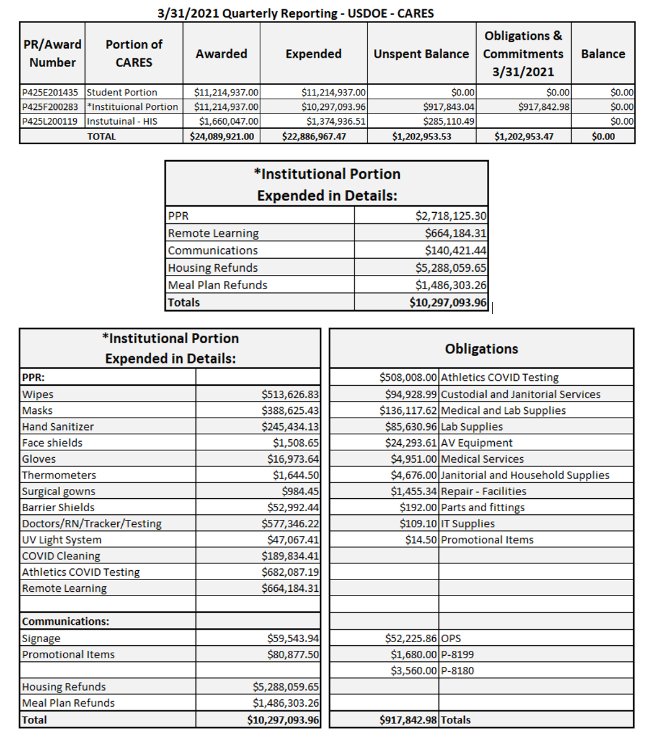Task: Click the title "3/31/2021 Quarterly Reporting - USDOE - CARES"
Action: click(295, 13)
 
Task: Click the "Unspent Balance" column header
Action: click(421, 54)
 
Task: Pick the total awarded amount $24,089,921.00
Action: click(222, 136)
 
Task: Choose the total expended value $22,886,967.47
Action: click(314, 136)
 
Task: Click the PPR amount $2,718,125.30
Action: click(451, 216)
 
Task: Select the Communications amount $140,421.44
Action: click(455, 251)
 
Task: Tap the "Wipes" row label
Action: click(38, 395)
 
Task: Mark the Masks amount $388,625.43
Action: click(290, 411)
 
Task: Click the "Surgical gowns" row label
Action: click(59, 491)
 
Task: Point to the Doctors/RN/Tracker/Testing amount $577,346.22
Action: click(290, 524)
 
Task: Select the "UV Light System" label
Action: click(62, 540)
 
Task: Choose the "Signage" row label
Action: click(42, 638)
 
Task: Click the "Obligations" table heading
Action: click(481, 349)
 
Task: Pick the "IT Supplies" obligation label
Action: click(468, 524)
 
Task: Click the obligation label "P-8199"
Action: click(458, 655)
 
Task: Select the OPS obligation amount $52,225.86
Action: click(411, 638)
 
